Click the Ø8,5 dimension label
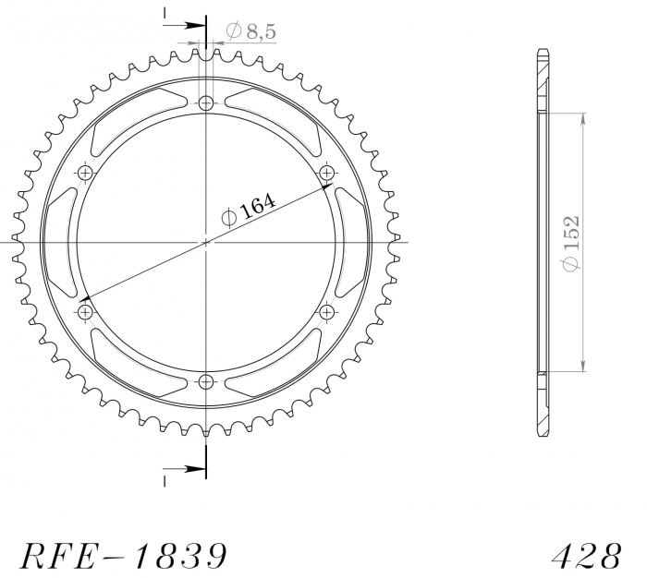[250, 30]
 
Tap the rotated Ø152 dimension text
[570, 243]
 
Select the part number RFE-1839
[124, 556]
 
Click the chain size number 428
[586, 556]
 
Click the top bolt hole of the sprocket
[206, 103]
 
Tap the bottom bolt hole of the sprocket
[206, 382]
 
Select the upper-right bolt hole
[327, 173]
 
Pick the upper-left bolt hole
[85, 173]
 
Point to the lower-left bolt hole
[85, 312]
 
